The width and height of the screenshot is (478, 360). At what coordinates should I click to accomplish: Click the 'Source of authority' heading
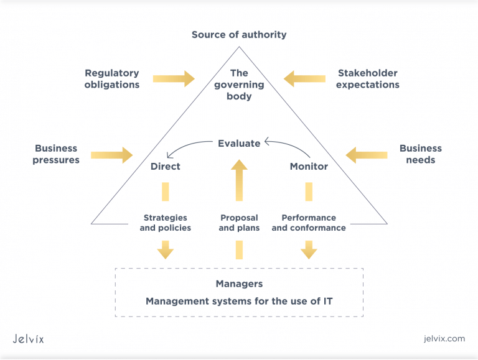(x=239, y=35)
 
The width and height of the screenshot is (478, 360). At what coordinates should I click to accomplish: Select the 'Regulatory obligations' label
(x=112, y=79)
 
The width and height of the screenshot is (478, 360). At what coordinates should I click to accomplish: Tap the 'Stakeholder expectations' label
(x=368, y=79)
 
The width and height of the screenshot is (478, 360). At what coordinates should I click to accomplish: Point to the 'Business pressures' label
(x=56, y=154)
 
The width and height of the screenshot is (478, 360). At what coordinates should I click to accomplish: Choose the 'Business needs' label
(x=421, y=154)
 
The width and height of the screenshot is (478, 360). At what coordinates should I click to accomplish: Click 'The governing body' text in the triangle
(x=239, y=85)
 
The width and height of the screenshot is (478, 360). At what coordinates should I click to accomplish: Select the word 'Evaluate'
(x=239, y=144)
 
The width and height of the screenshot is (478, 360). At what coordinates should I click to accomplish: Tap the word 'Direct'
(x=166, y=167)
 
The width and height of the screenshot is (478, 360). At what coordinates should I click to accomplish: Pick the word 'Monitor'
(x=309, y=167)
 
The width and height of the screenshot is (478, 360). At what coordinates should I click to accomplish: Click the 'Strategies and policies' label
(x=166, y=223)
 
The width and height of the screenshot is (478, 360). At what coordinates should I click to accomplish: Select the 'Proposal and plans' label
(x=240, y=223)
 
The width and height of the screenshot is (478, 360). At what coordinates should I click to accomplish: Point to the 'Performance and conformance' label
(x=309, y=223)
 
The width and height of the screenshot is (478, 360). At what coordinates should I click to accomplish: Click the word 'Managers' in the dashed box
(x=239, y=284)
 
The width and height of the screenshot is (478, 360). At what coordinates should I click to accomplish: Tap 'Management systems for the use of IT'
(x=239, y=302)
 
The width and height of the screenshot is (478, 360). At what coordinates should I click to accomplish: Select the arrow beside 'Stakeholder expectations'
(x=304, y=79)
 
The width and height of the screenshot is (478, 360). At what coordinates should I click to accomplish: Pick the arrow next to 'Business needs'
(x=367, y=154)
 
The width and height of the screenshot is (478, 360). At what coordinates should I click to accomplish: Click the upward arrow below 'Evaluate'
(x=239, y=180)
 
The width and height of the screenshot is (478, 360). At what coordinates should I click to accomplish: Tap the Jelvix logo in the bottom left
(x=29, y=339)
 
